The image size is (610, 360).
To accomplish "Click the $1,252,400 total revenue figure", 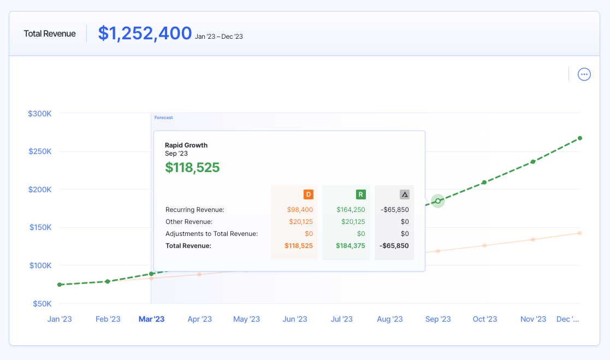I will (x=145, y=33).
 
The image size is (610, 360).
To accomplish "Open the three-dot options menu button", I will (x=584, y=74).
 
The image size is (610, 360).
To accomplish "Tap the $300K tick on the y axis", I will (x=40, y=114).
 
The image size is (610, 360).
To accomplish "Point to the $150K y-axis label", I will (x=40, y=228).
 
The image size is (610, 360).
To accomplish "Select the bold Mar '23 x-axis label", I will (x=151, y=320).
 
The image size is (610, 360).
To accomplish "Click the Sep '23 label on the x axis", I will (x=438, y=320).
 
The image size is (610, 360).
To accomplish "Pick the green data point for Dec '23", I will (x=580, y=138).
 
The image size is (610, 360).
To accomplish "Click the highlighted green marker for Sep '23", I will (x=438, y=201).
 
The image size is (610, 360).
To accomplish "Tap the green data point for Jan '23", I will (x=60, y=285).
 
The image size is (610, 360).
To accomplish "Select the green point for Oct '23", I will (x=484, y=182).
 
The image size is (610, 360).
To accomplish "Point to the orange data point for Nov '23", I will (x=533, y=239).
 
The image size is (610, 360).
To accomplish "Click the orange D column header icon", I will (x=308, y=194).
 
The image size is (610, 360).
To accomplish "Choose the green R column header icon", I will (x=360, y=194).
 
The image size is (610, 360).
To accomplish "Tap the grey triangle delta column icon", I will (x=404, y=194).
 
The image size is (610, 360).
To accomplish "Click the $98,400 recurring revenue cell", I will (x=300, y=210).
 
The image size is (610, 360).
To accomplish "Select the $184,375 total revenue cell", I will (x=350, y=246).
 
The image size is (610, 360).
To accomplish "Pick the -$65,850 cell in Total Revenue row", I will (x=394, y=246).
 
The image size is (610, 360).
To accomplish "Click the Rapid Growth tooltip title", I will (x=186, y=145).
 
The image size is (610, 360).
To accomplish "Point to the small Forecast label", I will (x=163, y=117).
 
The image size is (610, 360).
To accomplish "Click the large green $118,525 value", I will (x=192, y=168).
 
